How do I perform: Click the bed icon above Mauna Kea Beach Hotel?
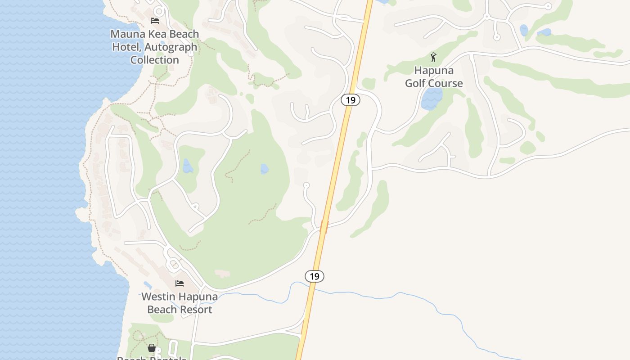[155, 21]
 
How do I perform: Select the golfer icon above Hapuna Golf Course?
[433, 57]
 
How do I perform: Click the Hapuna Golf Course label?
[434, 77]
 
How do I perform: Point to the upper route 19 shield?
[351, 100]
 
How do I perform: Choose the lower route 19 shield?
[315, 276]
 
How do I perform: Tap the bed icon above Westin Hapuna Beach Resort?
[180, 283]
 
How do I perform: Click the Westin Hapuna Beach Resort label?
[180, 303]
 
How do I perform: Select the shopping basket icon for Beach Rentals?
[152, 348]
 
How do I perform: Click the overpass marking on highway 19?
[324, 226]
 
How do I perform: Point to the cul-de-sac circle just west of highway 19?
[306, 185]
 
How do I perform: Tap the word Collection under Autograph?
[155, 60]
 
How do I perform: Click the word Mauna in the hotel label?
[126, 34]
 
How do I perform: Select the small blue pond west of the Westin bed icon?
[148, 285]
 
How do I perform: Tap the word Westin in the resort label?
[158, 297]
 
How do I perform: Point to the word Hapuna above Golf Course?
[434, 71]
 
